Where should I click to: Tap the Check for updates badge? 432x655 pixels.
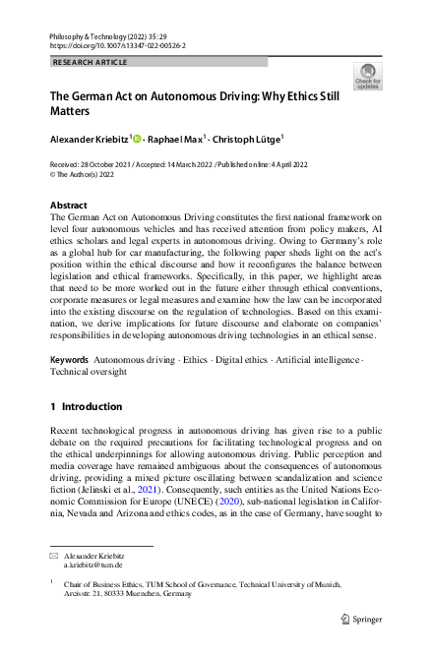pyautogui.click(x=368, y=75)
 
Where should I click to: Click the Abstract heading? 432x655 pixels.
pyautogui.click(x=68, y=206)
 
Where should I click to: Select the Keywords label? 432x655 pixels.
pyautogui.click(x=72, y=332)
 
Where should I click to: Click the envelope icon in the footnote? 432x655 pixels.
pyautogui.click(x=54, y=556)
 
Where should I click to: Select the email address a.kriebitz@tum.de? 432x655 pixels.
pyautogui.click(x=93, y=566)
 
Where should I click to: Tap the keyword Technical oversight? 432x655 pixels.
pyautogui.click(x=91, y=346)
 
